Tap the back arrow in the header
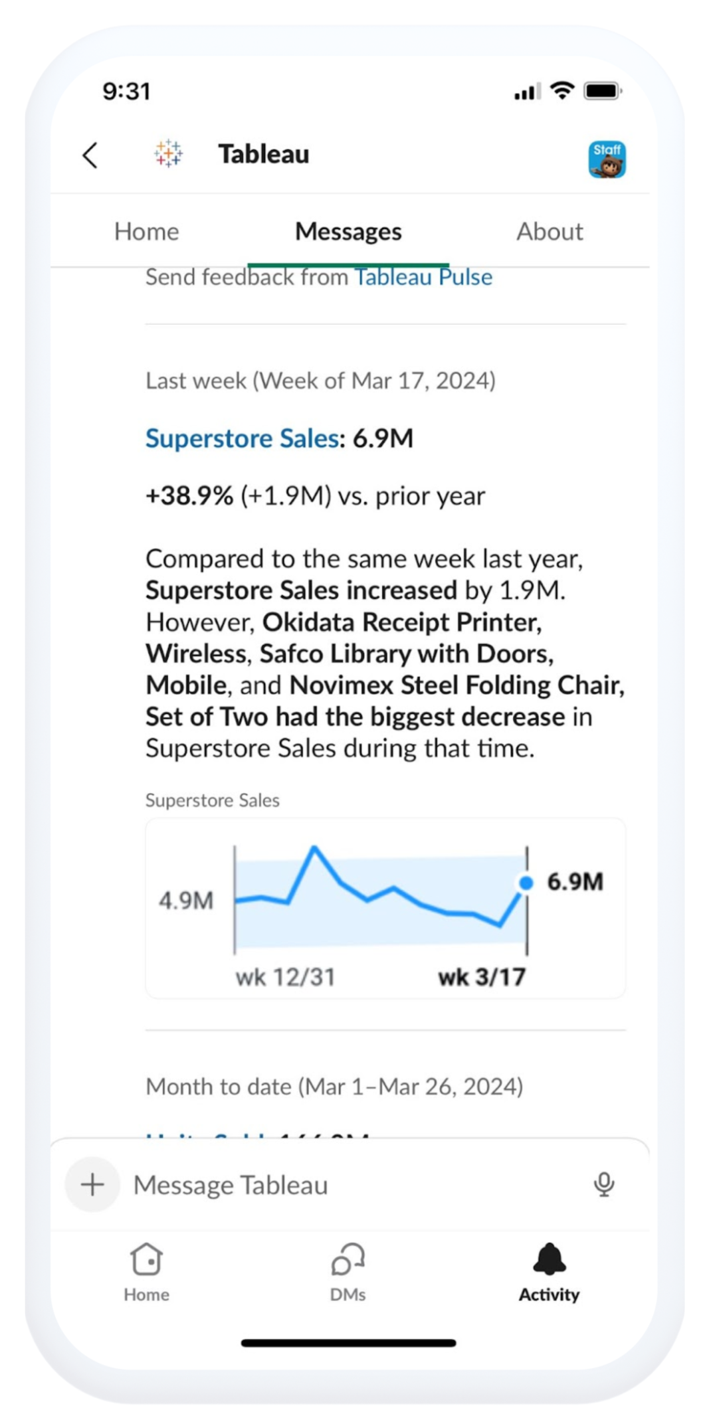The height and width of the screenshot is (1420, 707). point(90,155)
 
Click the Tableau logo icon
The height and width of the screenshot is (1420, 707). point(168,153)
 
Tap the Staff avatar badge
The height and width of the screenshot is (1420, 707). point(607,159)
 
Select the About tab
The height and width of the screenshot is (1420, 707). point(550,232)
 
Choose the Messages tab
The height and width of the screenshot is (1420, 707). point(348,232)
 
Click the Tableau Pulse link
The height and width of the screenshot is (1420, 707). point(423,277)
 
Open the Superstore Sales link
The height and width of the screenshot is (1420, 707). point(242,438)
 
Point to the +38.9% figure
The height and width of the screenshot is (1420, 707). point(189,496)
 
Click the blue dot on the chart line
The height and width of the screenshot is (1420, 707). point(526,883)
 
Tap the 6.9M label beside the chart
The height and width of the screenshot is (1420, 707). point(575,882)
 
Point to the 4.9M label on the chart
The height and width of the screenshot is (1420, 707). point(186,901)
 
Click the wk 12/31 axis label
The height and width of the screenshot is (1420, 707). point(285,978)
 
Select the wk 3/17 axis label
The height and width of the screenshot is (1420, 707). point(482,978)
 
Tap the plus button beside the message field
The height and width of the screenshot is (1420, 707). point(92,1185)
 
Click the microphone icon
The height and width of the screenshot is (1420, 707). point(604,1184)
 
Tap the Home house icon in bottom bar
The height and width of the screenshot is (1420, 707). point(146,1259)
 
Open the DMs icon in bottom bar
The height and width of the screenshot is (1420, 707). point(348,1259)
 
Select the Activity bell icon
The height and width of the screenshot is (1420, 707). point(550,1259)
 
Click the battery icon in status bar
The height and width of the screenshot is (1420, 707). point(602,91)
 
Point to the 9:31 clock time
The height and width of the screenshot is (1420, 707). point(127,91)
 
